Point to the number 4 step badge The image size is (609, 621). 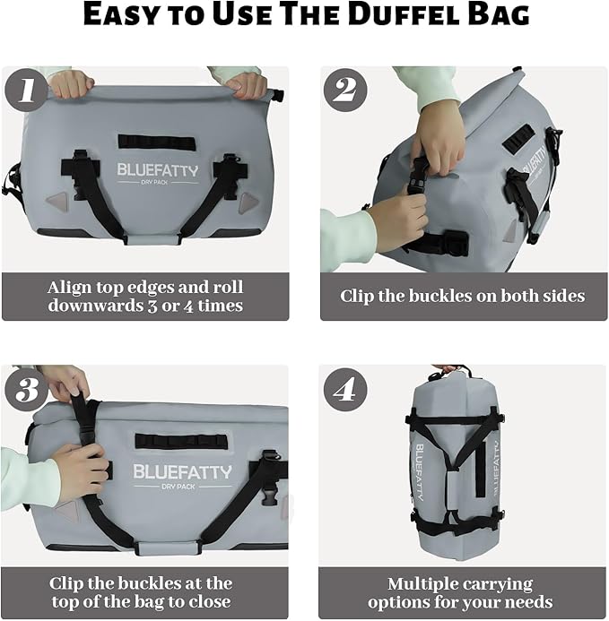tap(345, 389)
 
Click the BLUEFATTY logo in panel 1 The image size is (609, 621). tap(157, 170)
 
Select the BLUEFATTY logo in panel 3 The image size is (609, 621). tap(182, 471)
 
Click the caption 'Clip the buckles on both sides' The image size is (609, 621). tap(462, 296)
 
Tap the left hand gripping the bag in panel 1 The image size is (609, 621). tap(72, 83)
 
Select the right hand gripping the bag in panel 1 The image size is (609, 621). tap(246, 85)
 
